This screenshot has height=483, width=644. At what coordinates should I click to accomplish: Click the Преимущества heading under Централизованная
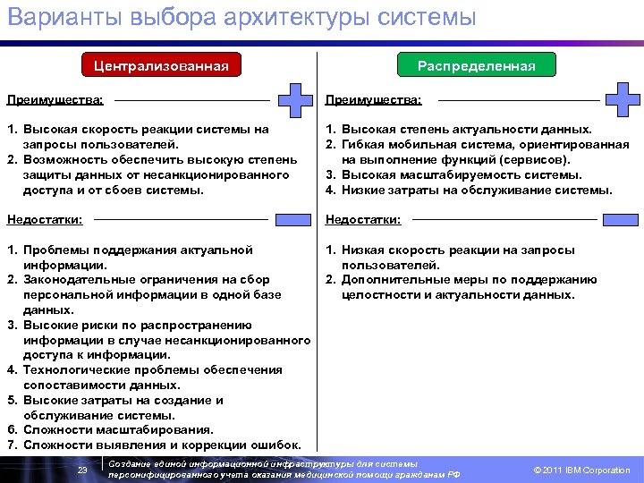[x=55, y=100]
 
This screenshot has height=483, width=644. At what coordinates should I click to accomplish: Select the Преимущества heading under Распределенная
[x=374, y=100]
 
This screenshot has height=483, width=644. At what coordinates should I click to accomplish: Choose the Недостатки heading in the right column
[x=363, y=219]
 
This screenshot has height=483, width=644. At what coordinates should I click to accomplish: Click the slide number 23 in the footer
[x=81, y=470]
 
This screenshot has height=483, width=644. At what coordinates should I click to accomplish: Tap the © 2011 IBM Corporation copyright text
[x=581, y=470]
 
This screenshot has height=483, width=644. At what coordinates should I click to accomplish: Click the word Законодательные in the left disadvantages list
[x=78, y=280]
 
